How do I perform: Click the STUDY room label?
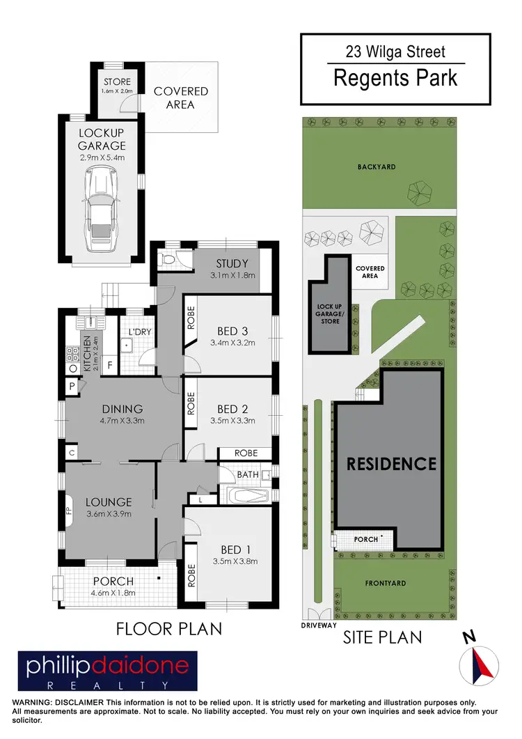(x=232, y=263)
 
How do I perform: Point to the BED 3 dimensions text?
(x=232, y=342)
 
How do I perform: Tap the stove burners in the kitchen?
(x=72, y=357)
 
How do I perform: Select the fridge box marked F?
(x=110, y=364)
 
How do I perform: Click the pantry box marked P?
(x=72, y=386)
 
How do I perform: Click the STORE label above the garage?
(x=117, y=82)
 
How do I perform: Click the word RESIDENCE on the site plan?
(x=391, y=464)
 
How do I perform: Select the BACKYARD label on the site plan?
(x=377, y=167)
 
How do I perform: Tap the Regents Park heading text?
(x=395, y=77)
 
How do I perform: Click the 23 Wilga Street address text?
(x=395, y=51)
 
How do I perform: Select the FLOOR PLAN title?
(x=169, y=629)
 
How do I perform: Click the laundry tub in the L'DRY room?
(x=126, y=345)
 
